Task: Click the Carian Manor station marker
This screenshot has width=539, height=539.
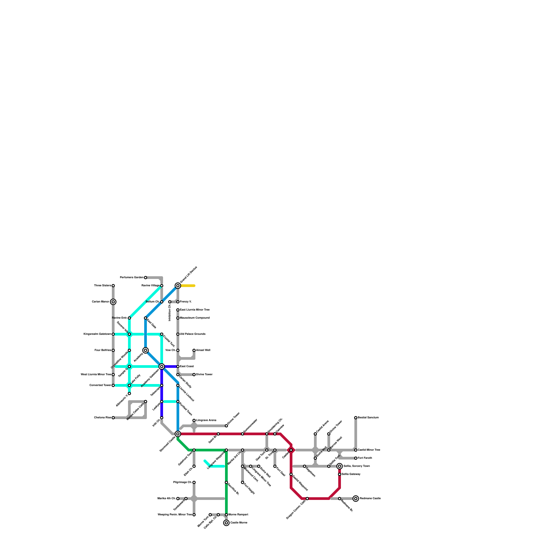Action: click(x=113, y=302)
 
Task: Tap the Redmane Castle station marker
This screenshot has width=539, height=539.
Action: click(x=356, y=499)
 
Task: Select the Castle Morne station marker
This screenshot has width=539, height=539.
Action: click(x=226, y=523)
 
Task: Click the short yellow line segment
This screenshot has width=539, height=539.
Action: click(x=188, y=286)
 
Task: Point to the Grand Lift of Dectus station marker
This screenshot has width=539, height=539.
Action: click(x=178, y=286)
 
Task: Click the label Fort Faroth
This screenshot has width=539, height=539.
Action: click(x=365, y=458)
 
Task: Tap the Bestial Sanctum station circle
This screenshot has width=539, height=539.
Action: click(x=356, y=418)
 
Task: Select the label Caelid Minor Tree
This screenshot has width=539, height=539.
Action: click(x=369, y=450)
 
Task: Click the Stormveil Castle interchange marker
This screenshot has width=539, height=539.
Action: click(x=178, y=434)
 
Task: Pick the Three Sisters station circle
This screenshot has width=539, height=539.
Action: click(x=113, y=286)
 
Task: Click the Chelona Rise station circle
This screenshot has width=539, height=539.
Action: click(x=113, y=418)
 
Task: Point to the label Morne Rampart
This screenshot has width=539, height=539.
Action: click(x=238, y=515)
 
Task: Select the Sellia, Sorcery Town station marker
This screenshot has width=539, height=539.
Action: click(x=340, y=466)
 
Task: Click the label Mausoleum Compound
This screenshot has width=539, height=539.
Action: click(x=194, y=318)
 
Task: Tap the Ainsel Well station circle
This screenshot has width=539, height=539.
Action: click(x=194, y=350)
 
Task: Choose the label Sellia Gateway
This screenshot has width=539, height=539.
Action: click(x=351, y=474)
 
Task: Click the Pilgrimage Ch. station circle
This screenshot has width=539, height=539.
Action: click(x=194, y=482)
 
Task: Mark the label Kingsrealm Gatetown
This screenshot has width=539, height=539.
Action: click(x=97, y=334)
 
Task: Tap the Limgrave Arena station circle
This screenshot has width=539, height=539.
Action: click(x=194, y=420)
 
